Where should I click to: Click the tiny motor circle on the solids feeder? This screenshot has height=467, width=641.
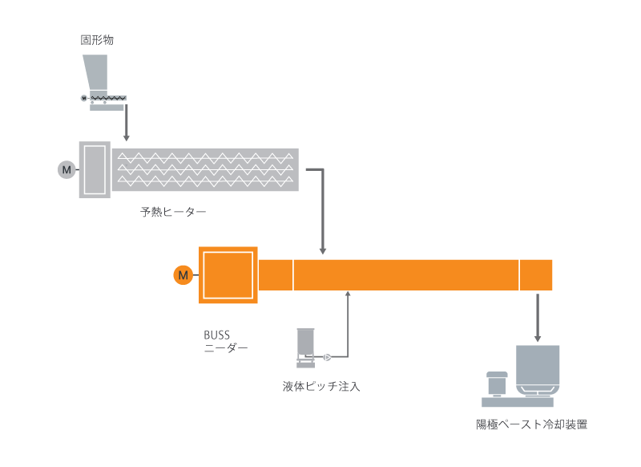click(x=83, y=98)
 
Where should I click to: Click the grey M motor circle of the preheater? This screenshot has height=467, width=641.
click(x=67, y=169)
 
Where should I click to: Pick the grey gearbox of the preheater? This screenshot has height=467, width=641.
click(x=95, y=169)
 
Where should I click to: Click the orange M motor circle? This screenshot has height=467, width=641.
click(x=183, y=275)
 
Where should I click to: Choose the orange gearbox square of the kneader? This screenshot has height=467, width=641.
click(x=228, y=275)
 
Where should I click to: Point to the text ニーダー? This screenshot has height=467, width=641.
click(x=226, y=348)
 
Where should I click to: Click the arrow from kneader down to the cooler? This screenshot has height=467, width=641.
click(x=538, y=317)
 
